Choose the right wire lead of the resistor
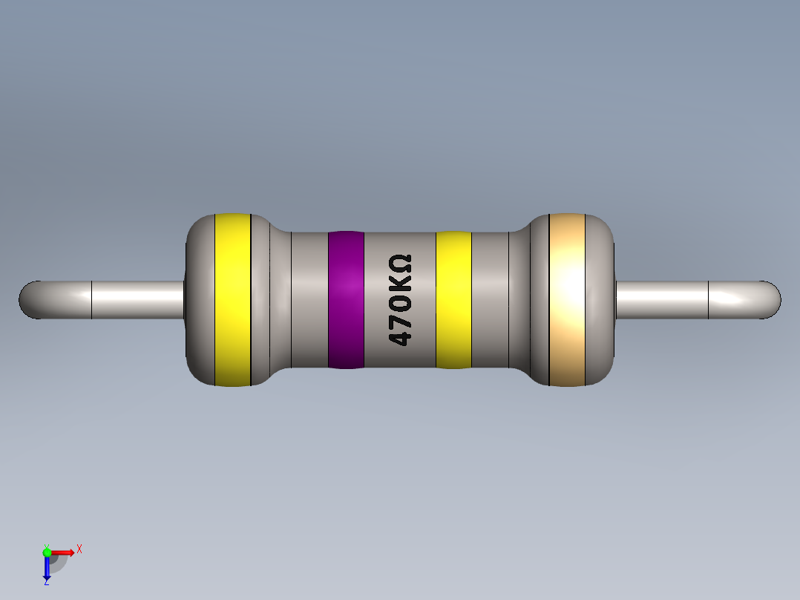click(x=668, y=299)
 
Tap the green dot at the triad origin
click(x=47, y=552)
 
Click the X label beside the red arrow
click(x=79, y=550)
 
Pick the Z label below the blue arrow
click(x=46, y=583)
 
